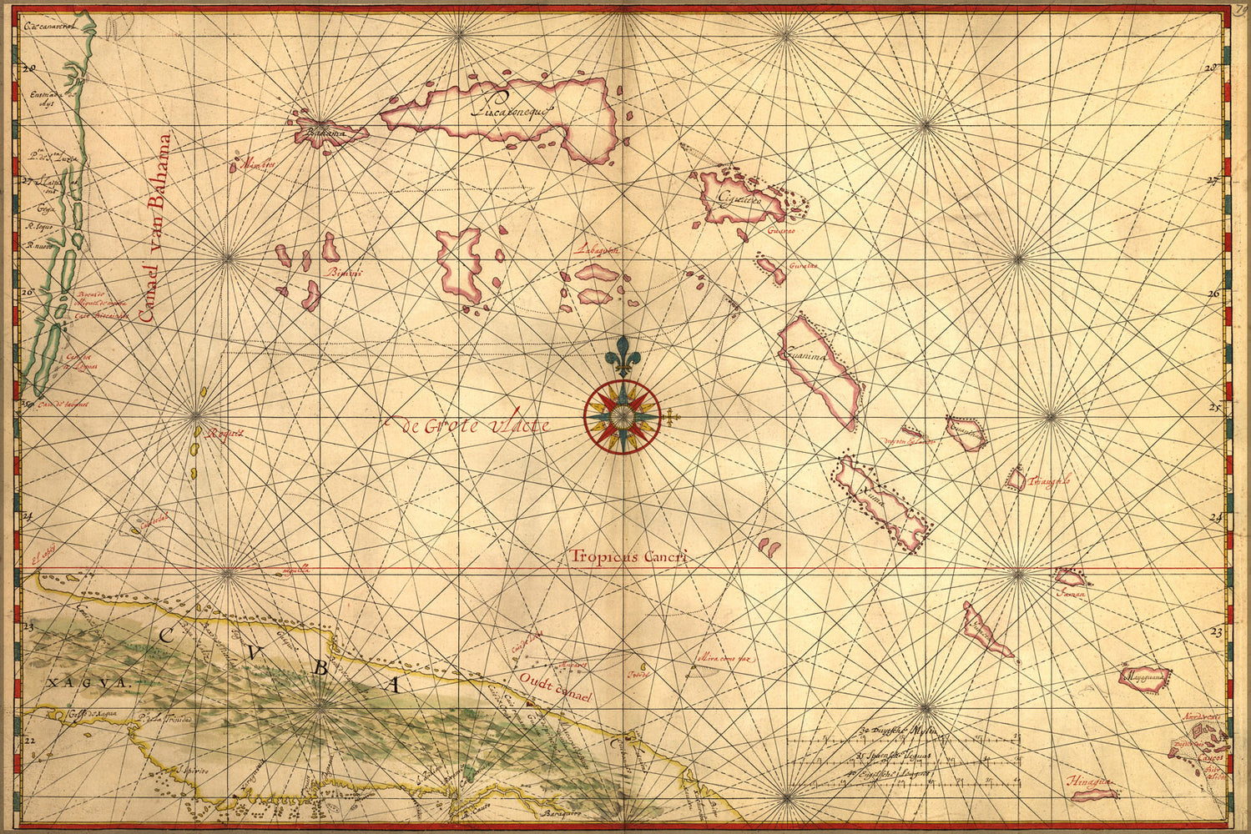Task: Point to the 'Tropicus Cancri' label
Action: pyautogui.click(x=629, y=557)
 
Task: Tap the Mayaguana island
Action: pyautogui.click(x=1144, y=677)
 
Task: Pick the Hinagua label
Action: pyautogui.click(x=1090, y=781)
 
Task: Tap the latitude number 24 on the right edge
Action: pyautogui.click(x=1215, y=517)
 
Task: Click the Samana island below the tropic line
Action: pyautogui.click(x=1069, y=577)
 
